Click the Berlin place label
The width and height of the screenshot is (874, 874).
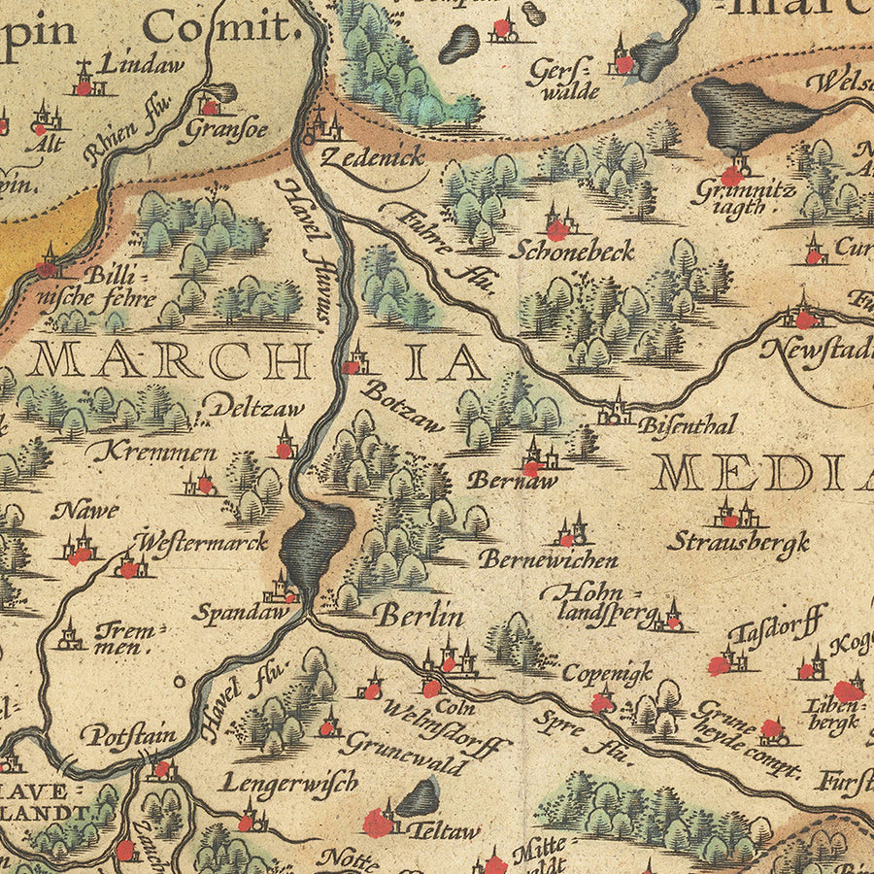click(x=420, y=616)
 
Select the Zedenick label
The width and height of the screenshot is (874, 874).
click(x=371, y=157)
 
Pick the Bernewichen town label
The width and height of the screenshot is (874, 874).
click(x=548, y=560)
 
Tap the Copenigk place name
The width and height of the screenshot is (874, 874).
click(x=607, y=673)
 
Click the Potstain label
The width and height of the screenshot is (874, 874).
click(x=128, y=734)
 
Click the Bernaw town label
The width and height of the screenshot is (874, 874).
click(x=497, y=480)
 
